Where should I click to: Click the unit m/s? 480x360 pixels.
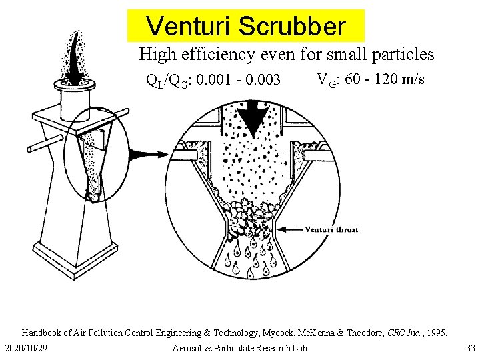pyautogui.click(x=413, y=79)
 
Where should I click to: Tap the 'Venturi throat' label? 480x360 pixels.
pyautogui.click(x=331, y=229)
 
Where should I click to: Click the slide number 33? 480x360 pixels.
pyautogui.click(x=471, y=348)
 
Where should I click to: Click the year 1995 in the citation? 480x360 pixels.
pyautogui.click(x=435, y=332)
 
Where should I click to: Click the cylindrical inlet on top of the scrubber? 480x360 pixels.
pyautogui.click(x=75, y=100)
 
